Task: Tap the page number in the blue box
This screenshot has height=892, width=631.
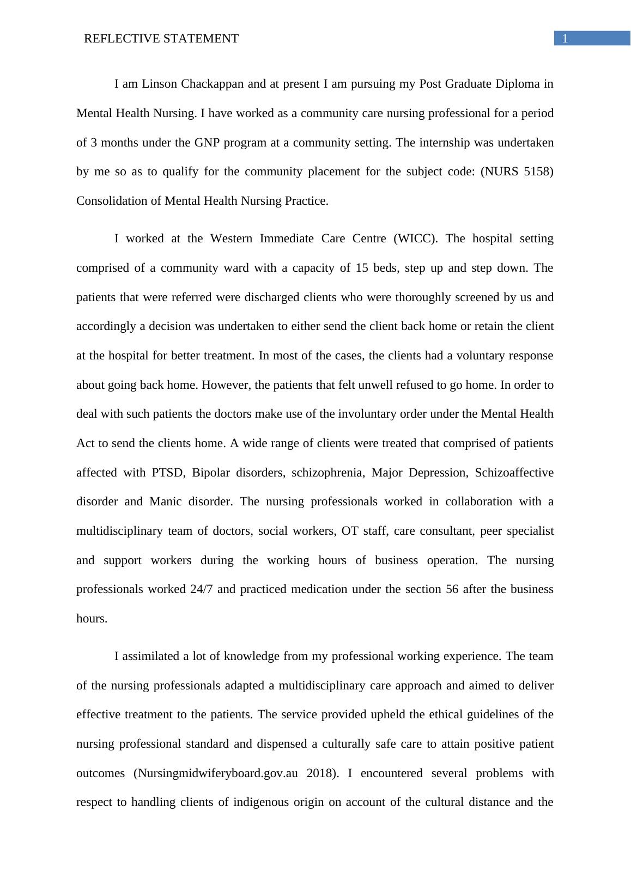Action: (565, 39)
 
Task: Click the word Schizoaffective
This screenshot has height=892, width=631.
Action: (514, 472)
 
